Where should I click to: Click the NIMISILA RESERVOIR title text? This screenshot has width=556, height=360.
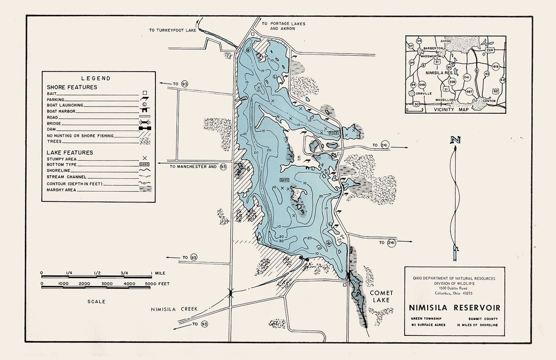(x=454, y=308)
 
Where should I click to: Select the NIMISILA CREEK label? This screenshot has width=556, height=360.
(x=174, y=309)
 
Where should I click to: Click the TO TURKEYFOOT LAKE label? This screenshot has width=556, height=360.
(x=173, y=30)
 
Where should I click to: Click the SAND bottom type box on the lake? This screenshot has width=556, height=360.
(x=284, y=179)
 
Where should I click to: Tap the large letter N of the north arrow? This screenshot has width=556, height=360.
(x=454, y=140)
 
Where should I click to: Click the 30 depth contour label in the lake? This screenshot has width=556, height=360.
(x=281, y=241)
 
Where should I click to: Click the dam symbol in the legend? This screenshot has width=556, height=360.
(x=145, y=130)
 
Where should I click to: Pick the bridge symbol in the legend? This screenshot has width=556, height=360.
(x=145, y=124)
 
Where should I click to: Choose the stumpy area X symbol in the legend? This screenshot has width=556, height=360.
(x=145, y=159)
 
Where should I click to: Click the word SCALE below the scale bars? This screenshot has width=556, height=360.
(x=96, y=301)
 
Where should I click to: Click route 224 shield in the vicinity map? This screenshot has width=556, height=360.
(x=490, y=50)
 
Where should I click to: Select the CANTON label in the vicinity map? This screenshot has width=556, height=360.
(x=489, y=100)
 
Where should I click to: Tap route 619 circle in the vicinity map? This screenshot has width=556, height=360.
(x=496, y=67)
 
